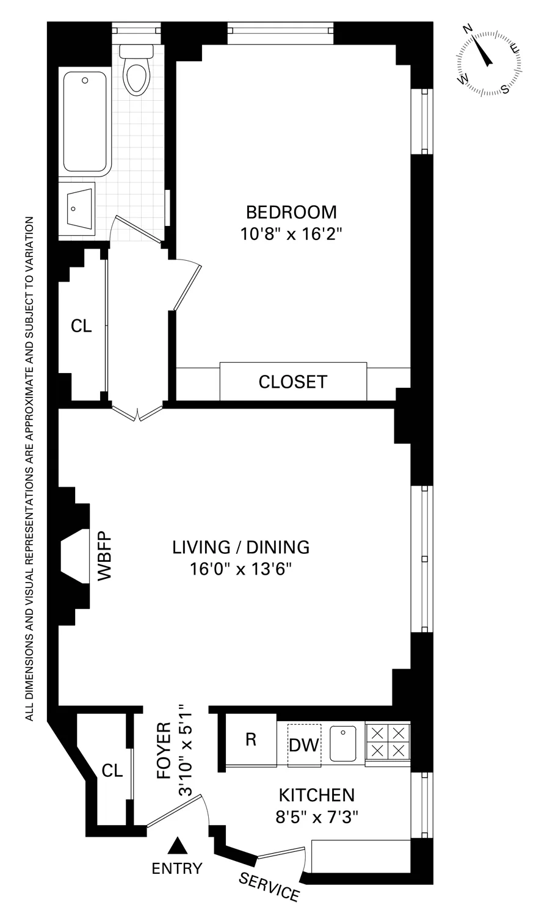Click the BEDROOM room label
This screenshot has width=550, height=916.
point(291,212)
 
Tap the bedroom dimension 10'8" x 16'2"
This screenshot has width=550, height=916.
point(291,234)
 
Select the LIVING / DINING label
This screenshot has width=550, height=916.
point(241,547)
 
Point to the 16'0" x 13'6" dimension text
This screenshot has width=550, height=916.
point(241,569)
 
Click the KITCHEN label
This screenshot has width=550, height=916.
point(316,795)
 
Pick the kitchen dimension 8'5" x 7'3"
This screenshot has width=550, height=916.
point(316,817)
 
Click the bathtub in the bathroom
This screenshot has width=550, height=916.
point(85,122)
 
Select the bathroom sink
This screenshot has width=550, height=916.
point(76,207)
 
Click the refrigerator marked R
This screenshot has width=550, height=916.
point(250,740)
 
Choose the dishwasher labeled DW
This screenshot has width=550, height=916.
point(303,744)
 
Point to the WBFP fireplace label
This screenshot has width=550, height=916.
point(104,559)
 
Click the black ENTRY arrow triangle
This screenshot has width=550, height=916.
point(178,845)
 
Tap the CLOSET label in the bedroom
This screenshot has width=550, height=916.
point(293,382)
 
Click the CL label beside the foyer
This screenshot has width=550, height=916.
point(112,771)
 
